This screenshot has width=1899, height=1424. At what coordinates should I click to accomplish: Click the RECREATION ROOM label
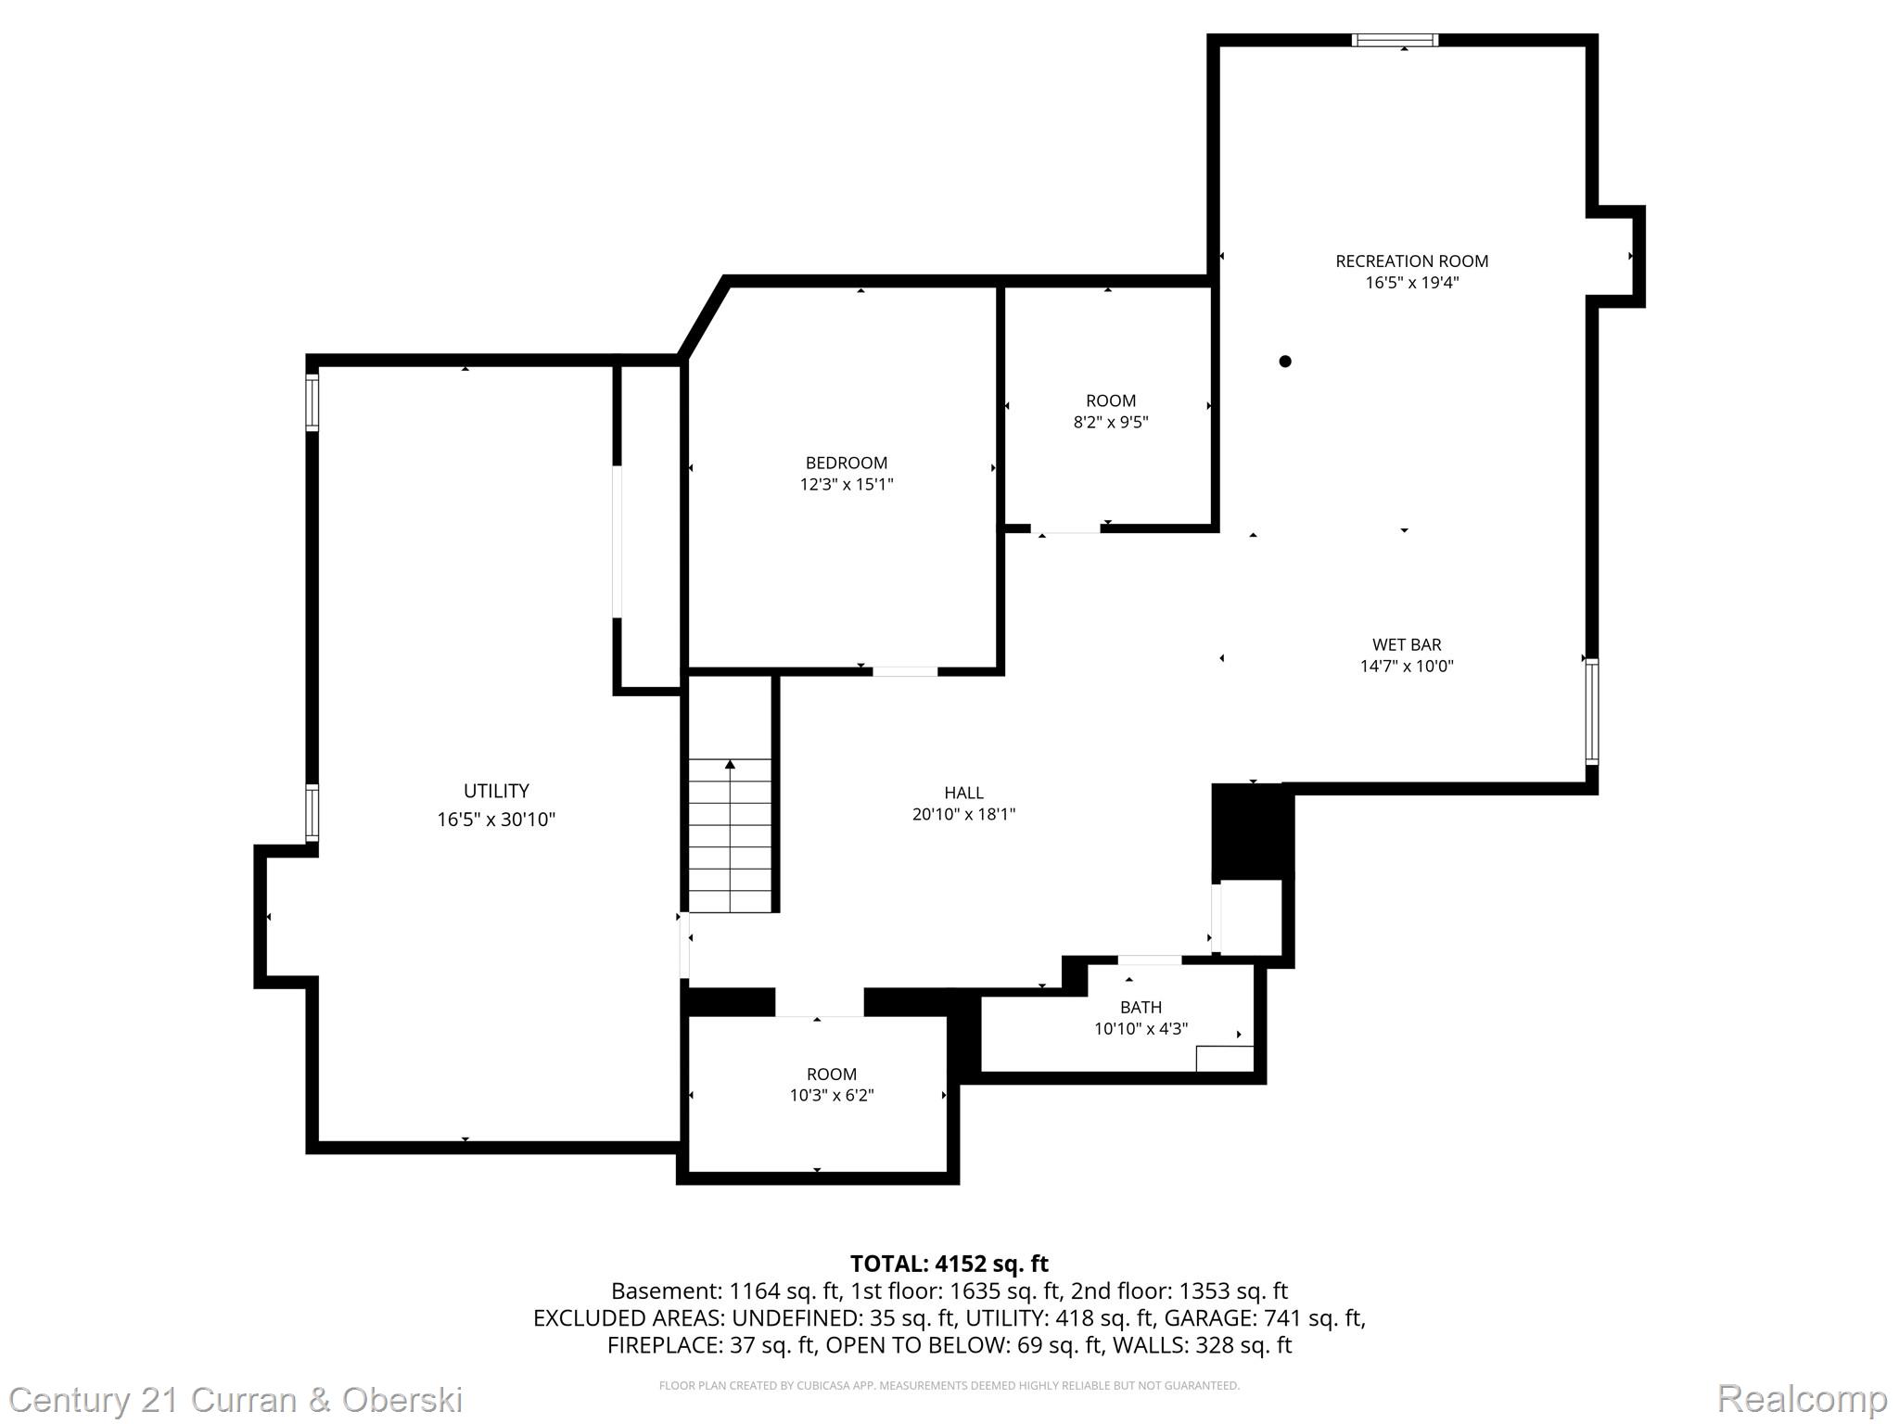(1411, 261)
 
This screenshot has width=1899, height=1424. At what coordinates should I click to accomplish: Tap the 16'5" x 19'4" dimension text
(1411, 283)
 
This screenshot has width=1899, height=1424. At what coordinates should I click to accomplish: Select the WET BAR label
(1407, 644)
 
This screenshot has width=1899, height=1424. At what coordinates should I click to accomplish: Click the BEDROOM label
(846, 463)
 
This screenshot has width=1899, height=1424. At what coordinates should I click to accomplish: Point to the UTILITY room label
(496, 791)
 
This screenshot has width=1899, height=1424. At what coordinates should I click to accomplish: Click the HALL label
(963, 793)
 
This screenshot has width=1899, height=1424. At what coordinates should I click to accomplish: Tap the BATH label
(1141, 1007)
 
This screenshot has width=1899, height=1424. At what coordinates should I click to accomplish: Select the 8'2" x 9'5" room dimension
(1111, 422)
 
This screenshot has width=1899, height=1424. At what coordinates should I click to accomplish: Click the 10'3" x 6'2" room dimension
(832, 1095)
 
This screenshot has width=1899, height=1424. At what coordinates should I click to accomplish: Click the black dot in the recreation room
(1285, 362)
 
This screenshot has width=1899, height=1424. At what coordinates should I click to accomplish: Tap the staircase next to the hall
(731, 834)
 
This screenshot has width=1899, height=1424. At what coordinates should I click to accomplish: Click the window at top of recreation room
(1395, 40)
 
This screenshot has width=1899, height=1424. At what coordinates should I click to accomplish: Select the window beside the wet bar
(1591, 710)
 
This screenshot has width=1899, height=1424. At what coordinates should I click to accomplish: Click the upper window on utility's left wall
(312, 401)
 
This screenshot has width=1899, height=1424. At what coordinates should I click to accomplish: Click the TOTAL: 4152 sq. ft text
(949, 1264)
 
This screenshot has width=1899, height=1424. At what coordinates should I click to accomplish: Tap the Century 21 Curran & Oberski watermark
(236, 1399)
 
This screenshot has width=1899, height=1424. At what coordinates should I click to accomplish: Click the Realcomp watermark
(1802, 1398)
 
